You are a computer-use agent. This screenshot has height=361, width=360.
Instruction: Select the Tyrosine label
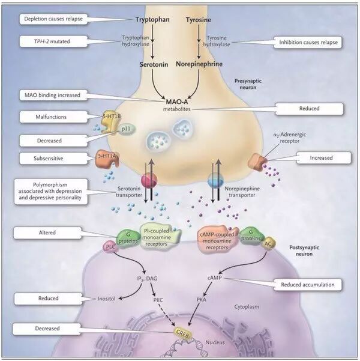tap(200, 19)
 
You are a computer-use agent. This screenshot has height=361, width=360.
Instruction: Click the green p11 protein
tap(127, 128)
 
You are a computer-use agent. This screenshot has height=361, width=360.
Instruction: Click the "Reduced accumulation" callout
tap(308, 284)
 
